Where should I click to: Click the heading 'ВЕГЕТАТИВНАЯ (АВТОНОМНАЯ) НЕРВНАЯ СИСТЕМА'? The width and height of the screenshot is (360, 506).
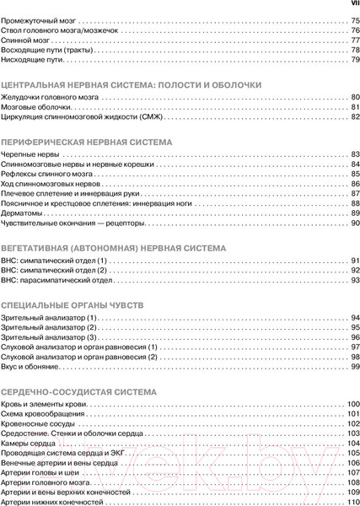coord(113,250)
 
